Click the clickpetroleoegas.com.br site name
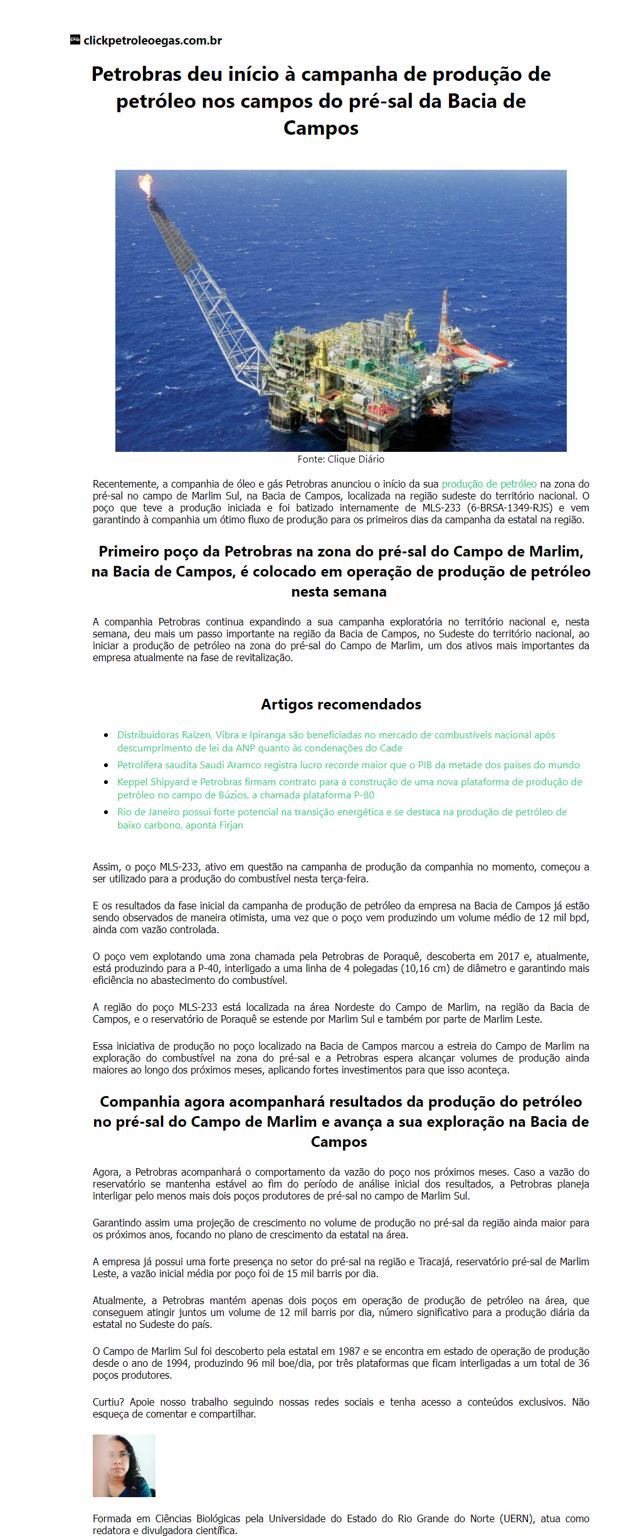pos(152,41)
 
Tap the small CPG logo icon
pos(75,39)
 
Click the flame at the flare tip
pos(145,184)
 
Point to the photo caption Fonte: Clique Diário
pos(340,459)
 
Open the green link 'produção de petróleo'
pos(489,484)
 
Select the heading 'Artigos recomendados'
pos(340,704)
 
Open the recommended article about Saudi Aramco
pos(348,765)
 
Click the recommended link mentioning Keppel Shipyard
pos(349,782)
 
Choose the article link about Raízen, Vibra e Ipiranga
pos(336,735)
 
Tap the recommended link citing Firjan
pos(342,812)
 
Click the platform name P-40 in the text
pos(208,968)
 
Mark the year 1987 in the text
pos(349,1351)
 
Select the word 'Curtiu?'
pos(108,1402)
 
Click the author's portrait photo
pos(124,1465)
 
